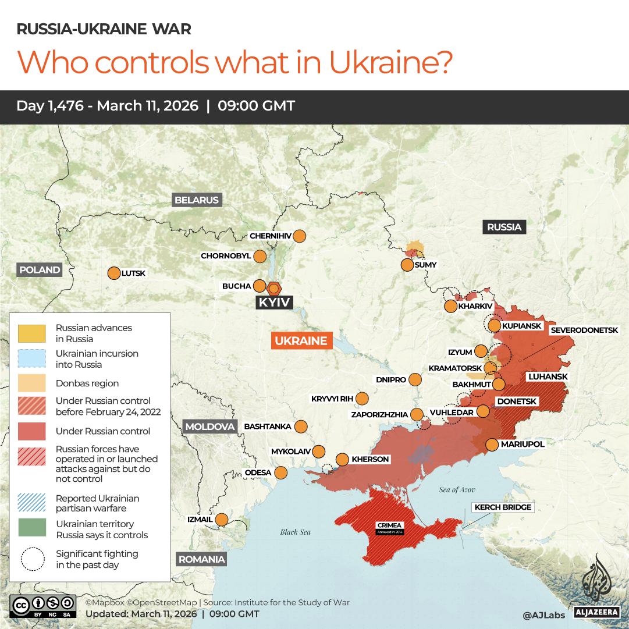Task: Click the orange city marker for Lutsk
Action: click(113, 273)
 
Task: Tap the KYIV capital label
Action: click(274, 303)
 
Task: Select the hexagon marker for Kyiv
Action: click(274, 287)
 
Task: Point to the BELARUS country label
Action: click(197, 200)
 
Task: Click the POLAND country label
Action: click(40, 269)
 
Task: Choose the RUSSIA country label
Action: click(504, 227)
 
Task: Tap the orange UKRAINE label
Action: click(301, 341)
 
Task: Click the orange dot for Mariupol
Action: click(492, 445)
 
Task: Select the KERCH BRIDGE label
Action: click(503, 507)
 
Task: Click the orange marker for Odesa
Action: click(281, 472)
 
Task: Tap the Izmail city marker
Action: click(222, 519)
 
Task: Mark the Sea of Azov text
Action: click(457, 490)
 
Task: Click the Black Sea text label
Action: click(296, 532)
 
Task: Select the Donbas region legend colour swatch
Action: click(32, 383)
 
